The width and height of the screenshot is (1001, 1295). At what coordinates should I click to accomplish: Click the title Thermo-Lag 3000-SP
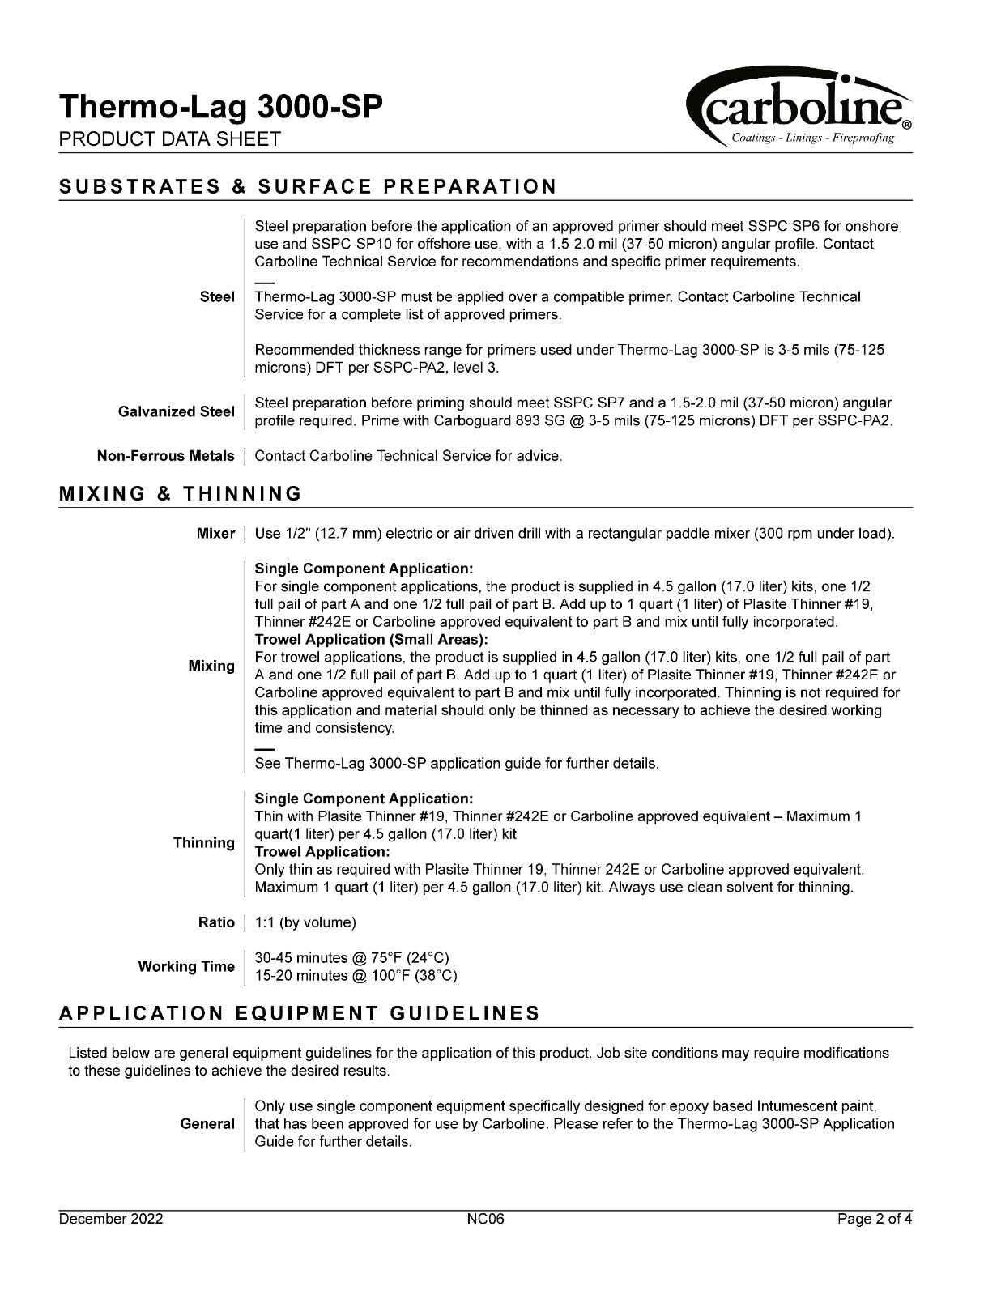point(219,107)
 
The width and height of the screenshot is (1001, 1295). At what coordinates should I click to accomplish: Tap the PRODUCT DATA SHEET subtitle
point(169,139)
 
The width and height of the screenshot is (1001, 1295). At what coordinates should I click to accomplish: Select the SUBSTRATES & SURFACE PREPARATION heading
point(308,187)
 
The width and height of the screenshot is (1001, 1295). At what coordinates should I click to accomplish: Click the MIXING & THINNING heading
point(181,494)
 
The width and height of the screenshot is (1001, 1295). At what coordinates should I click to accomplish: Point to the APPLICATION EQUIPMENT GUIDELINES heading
point(300,1014)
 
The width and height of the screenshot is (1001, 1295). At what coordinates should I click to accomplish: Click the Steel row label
point(217,297)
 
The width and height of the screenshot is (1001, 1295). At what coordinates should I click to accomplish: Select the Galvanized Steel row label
point(177,411)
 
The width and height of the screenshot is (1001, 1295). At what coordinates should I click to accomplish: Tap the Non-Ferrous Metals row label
point(166,456)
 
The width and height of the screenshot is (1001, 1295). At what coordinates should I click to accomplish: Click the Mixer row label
point(215,534)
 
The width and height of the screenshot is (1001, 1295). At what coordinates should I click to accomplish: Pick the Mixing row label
point(211,666)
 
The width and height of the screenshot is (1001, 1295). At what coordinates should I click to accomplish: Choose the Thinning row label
point(204,843)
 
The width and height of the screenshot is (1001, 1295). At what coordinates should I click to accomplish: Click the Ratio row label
point(216,922)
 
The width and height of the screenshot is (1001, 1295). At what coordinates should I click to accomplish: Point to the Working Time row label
point(186,966)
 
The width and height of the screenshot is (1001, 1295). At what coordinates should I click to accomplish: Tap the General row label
point(207,1124)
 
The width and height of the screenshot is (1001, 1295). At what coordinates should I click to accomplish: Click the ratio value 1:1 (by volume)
point(305,922)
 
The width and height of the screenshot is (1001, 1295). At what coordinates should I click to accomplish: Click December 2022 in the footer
point(111,1220)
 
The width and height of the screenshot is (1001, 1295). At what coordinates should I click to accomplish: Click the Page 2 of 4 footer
point(875,1220)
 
